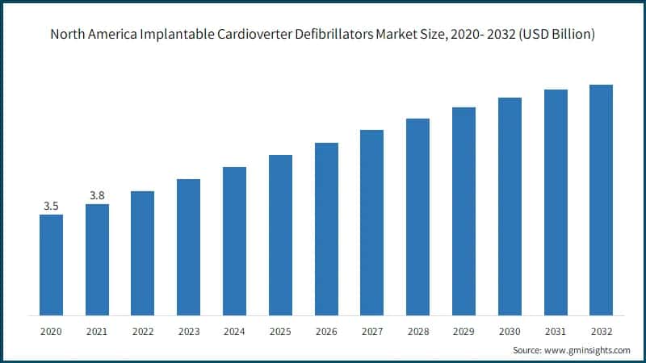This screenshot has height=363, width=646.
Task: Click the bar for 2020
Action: click(x=51, y=265)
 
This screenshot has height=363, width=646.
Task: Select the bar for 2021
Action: click(x=97, y=259)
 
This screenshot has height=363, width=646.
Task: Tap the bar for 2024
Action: click(x=234, y=240)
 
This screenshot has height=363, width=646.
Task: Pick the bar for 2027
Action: click(x=371, y=222)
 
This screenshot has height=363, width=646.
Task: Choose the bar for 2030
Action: click(x=510, y=206)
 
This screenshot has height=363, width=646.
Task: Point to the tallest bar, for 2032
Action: click(x=601, y=199)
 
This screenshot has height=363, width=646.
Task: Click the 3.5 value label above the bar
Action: click(x=51, y=207)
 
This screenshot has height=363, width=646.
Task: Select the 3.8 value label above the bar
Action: click(x=97, y=195)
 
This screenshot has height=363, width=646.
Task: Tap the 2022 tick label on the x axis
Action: click(x=143, y=331)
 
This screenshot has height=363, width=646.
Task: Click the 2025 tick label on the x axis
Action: click(x=280, y=331)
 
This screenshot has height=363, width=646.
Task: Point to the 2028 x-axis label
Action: click(x=417, y=331)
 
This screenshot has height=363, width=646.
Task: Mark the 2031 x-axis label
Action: click(x=556, y=331)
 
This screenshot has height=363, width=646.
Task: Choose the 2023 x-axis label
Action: click(x=188, y=331)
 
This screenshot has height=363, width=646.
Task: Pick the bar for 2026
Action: click(x=326, y=228)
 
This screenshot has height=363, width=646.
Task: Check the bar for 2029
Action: click(x=464, y=211)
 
